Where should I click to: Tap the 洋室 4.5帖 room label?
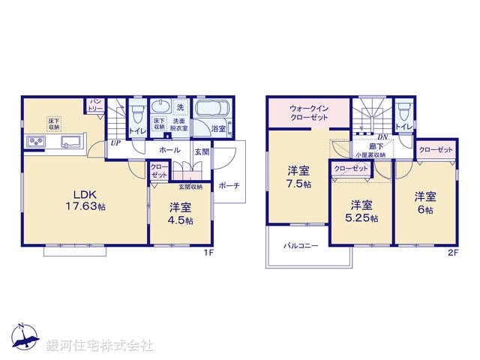click(181, 214)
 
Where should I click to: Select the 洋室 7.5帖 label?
click(297, 178)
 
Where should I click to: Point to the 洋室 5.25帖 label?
click(361, 211)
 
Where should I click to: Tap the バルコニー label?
click(301, 245)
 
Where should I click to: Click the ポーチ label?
click(229, 186)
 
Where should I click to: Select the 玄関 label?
click(202, 151)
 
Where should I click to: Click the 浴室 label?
click(219, 129)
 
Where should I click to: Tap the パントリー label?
click(96, 104)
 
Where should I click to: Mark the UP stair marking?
click(115, 142)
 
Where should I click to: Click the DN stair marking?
click(382, 136)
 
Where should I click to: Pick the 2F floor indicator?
click(453, 253)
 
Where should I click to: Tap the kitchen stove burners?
click(36, 142)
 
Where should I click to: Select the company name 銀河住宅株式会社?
click(100, 346)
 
